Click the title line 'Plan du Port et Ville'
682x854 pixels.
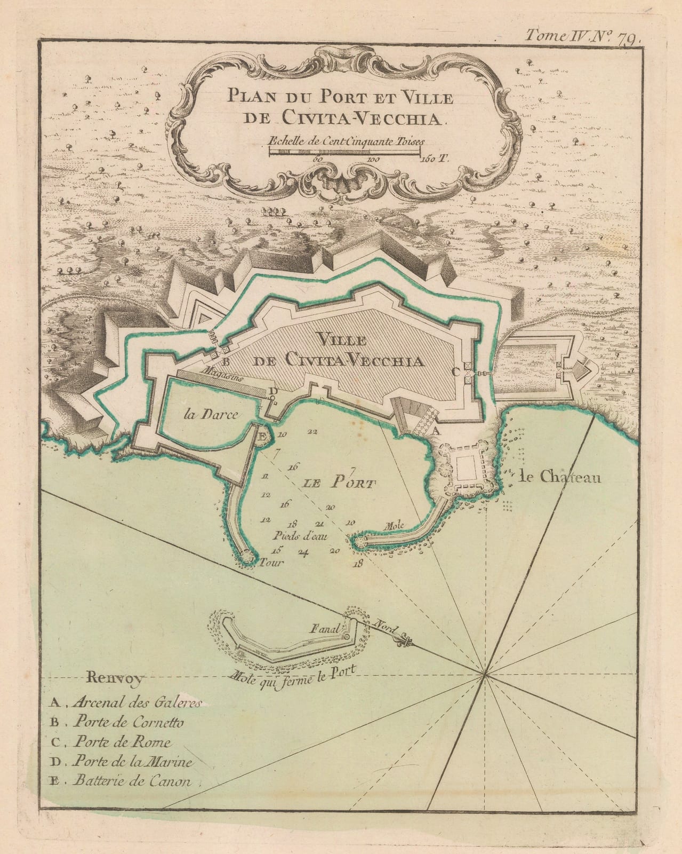coord(340,98)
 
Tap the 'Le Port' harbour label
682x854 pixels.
coord(338,484)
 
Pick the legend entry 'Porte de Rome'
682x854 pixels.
coord(123,742)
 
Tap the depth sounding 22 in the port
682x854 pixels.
coord(312,431)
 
